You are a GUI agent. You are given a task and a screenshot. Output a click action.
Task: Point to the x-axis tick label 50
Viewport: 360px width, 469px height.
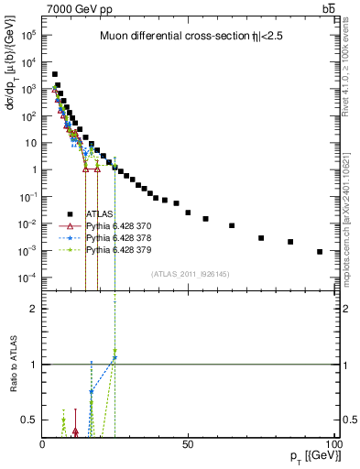(x=188, y=444)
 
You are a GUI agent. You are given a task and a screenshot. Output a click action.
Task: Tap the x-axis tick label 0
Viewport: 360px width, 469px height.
(x=42, y=444)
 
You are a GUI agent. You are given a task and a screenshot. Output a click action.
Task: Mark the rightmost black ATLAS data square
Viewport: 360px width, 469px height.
(x=320, y=252)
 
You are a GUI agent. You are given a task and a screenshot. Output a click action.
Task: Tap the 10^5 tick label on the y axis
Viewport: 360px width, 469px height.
(x=27, y=35)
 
